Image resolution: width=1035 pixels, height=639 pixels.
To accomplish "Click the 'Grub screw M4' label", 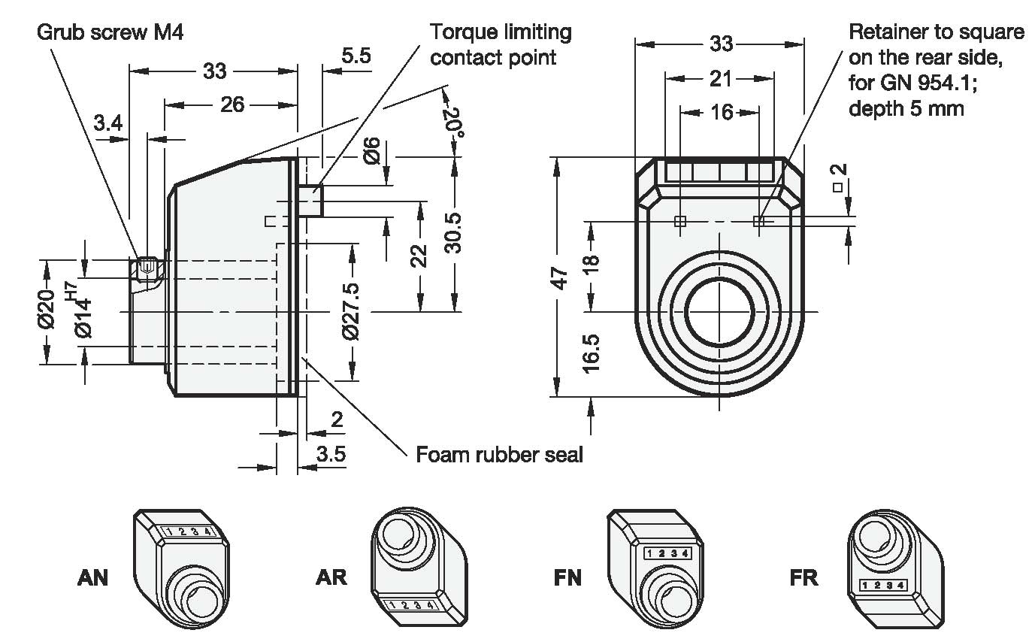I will (x=110, y=32).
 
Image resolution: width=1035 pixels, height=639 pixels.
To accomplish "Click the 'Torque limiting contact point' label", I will (x=500, y=44).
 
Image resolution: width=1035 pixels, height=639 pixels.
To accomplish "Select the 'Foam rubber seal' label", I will (x=499, y=454).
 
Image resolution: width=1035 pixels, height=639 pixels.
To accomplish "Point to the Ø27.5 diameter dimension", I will (x=351, y=311).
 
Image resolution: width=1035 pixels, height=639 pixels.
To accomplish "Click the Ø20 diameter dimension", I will (x=47, y=310).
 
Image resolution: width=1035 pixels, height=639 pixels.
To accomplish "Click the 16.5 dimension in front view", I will (x=592, y=353).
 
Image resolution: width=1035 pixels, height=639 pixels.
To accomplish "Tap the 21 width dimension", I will (x=720, y=77).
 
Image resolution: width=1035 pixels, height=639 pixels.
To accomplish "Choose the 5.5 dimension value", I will (x=354, y=55).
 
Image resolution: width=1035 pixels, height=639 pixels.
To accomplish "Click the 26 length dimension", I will (x=232, y=104).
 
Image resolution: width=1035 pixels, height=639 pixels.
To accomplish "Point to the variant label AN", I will (x=93, y=577).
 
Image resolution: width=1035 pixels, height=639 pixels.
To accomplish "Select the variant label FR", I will (x=804, y=577).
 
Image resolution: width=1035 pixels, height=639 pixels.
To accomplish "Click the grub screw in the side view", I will (x=148, y=268).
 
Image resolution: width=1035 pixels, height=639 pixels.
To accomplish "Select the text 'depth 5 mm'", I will (x=906, y=108).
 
